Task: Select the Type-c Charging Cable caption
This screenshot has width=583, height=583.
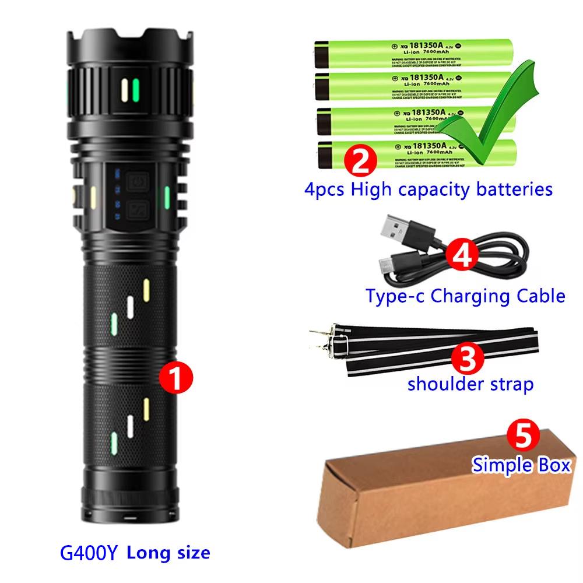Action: click(x=465, y=296)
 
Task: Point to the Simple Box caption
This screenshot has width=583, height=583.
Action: click(x=521, y=466)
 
